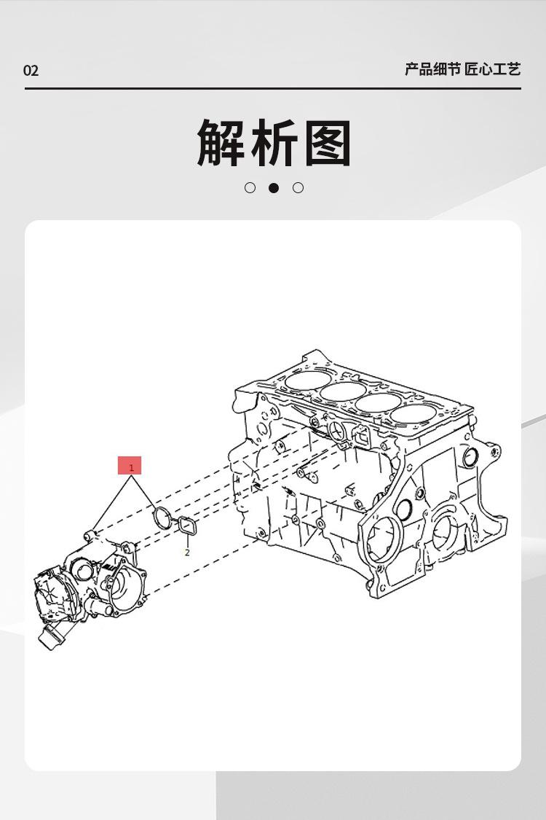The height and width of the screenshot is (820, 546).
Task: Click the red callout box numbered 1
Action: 130,466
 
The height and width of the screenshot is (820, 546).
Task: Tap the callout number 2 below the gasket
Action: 187,552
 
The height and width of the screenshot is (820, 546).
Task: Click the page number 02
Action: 31,71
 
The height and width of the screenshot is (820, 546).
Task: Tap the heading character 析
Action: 274,142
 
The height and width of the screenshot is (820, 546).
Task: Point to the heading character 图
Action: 328,142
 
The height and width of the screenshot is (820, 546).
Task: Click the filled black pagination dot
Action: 274,188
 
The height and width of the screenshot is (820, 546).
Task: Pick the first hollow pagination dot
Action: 250,188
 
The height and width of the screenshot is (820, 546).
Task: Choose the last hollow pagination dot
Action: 298,188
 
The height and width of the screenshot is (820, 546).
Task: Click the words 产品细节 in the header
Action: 432,69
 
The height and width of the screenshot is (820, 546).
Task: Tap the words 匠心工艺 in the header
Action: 493,69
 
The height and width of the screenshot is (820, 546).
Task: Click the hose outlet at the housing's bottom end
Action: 50,639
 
